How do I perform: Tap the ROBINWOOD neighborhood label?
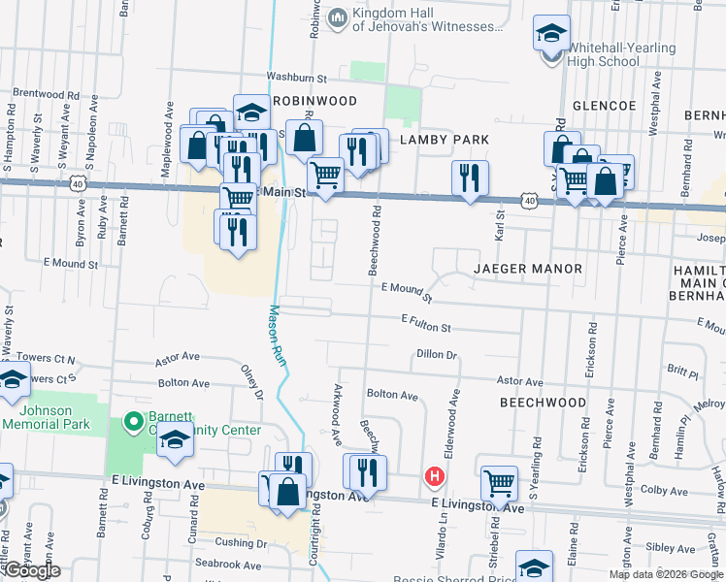(314, 101)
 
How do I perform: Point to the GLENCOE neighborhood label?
(607, 106)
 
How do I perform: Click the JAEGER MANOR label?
(528, 268)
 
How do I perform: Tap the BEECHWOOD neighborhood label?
(543, 402)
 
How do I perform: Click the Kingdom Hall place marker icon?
(337, 16)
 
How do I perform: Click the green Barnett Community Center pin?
(134, 422)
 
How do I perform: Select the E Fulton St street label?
(426, 322)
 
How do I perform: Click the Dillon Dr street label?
(437, 355)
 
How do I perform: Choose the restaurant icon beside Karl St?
(470, 178)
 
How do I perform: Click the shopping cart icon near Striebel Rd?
(499, 483)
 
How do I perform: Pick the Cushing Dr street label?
(240, 542)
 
